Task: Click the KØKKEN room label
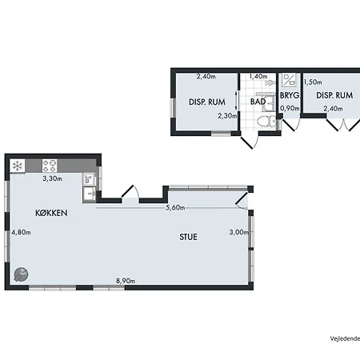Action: point(51,213)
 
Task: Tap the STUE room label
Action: point(188,237)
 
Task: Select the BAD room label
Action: point(258,102)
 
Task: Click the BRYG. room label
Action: point(290,95)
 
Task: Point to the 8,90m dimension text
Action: point(126,281)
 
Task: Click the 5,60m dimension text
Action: point(175,207)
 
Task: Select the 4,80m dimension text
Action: point(21,232)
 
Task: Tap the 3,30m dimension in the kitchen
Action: point(52,178)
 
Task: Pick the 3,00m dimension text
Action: point(239,232)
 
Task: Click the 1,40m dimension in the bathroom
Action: point(258,77)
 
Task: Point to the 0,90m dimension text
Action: point(290,108)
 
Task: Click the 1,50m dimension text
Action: point(313,82)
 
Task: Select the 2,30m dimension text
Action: point(227,116)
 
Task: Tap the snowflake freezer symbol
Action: point(18,166)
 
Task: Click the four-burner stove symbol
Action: point(50,166)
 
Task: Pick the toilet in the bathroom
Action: point(266,122)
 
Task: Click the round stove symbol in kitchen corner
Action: point(21,274)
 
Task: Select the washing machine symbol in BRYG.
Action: point(289,80)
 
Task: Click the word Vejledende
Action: point(345,338)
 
